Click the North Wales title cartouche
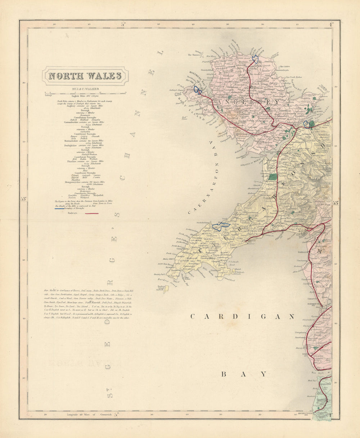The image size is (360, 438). click(x=85, y=76)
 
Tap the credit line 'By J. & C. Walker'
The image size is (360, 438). click(x=85, y=88)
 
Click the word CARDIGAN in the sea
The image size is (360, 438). click(x=242, y=317)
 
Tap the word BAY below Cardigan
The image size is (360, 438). click(x=243, y=374)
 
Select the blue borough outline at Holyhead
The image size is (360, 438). click(x=197, y=90)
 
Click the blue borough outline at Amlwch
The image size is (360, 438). click(x=256, y=59)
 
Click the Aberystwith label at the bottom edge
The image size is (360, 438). click(x=306, y=414)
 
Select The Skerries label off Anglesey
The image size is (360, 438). click(x=194, y=55)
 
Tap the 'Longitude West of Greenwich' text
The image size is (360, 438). click(x=90, y=415)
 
